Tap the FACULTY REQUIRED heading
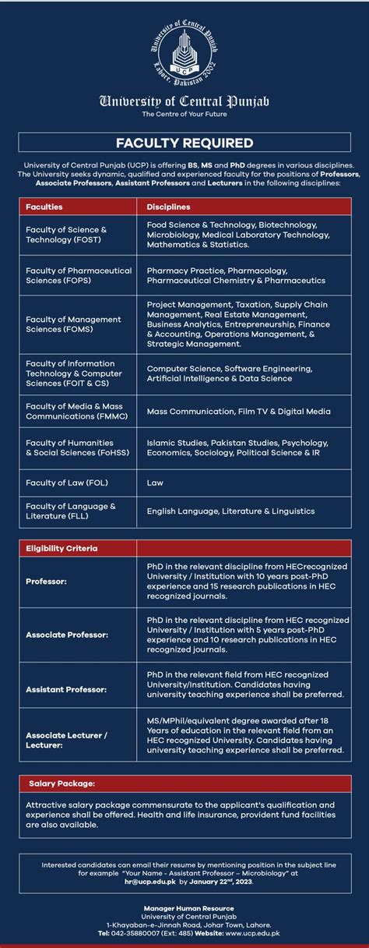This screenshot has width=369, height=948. point(184,143)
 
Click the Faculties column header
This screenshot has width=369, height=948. point(44,207)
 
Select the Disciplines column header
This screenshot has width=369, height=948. point(168,207)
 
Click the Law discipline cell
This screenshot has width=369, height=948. point(155,483)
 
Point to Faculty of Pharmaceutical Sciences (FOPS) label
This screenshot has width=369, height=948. point(79,275)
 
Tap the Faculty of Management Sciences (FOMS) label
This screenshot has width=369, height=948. point(73,324)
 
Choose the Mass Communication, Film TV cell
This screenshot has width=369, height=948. point(238,411)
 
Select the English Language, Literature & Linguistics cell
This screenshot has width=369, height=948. point(230,511)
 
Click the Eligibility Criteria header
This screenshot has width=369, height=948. point(61,548)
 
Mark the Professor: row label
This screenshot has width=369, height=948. point(46,582)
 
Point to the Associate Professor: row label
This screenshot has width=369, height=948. point(67,635)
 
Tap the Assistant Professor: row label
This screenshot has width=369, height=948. point(66,689)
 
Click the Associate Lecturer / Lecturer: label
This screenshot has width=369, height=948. point(66,739)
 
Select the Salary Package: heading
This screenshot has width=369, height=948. point(61,783)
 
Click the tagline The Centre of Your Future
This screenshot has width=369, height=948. point(184,114)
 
